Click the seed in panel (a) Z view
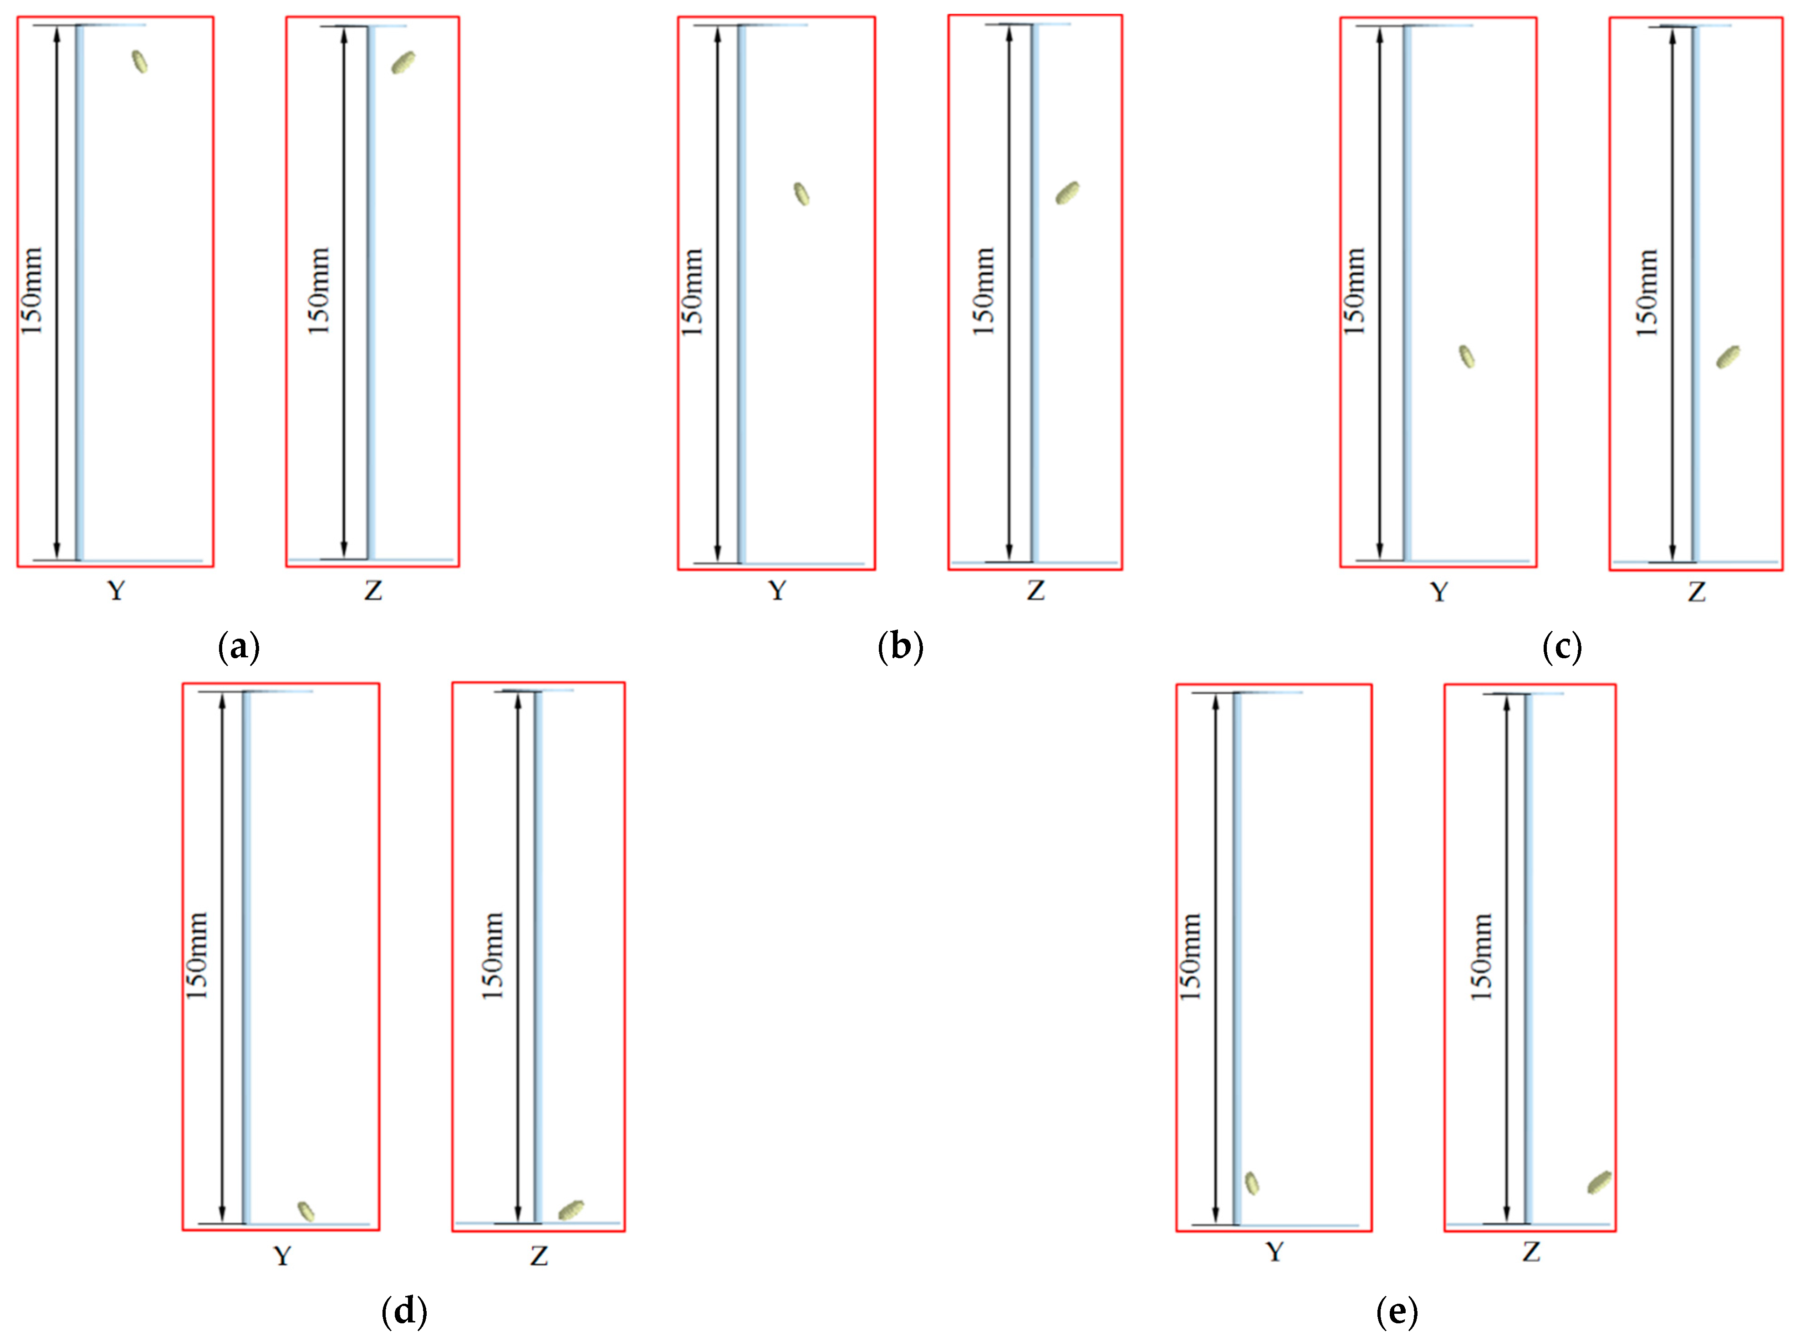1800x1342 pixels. click(x=403, y=62)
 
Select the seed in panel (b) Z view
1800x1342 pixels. click(x=1067, y=193)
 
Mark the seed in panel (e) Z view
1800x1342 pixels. click(x=1599, y=1183)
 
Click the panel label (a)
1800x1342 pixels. click(x=239, y=647)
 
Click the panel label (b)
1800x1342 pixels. click(x=900, y=647)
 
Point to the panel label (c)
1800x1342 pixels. click(x=1561, y=647)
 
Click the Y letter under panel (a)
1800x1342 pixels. click(x=116, y=590)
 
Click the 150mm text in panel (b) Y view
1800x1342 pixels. click(x=692, y=292)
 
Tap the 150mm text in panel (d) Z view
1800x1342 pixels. click(x=493, y=956)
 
